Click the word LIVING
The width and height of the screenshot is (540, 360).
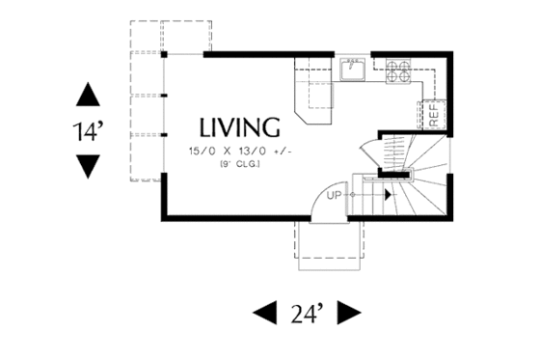click(x=240, y=127)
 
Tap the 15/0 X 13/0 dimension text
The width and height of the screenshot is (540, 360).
click(x=235, y=151)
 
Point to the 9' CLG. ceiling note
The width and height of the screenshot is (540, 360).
click(x=237, y=164)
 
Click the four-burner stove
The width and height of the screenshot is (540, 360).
click(x=397, y=69)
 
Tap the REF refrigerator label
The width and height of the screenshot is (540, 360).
click(x=434, y=114)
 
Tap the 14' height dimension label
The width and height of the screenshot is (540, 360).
click(x=89, y=132)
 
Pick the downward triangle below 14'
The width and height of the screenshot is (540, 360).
click(x=88, y=167)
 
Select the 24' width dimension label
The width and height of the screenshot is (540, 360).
click(x=306, y=313)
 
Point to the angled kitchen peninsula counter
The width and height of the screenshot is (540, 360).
click(x=317, y=101)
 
